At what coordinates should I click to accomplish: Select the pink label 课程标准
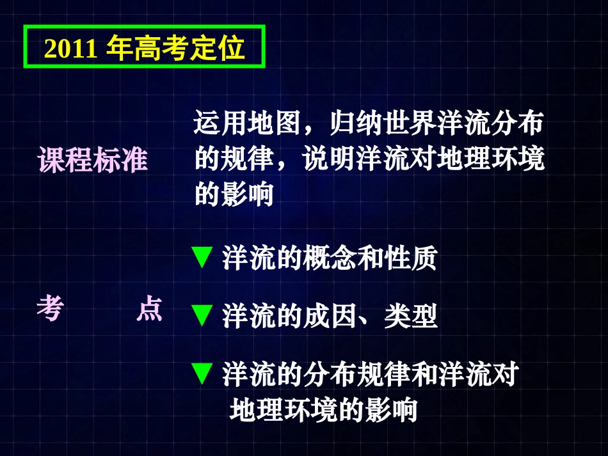(x=94, y=160)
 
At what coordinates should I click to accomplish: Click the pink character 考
(x=50, y=311)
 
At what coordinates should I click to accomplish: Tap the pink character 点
(x=150, y=311)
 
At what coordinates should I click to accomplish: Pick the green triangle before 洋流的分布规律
(x=202, y=374)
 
